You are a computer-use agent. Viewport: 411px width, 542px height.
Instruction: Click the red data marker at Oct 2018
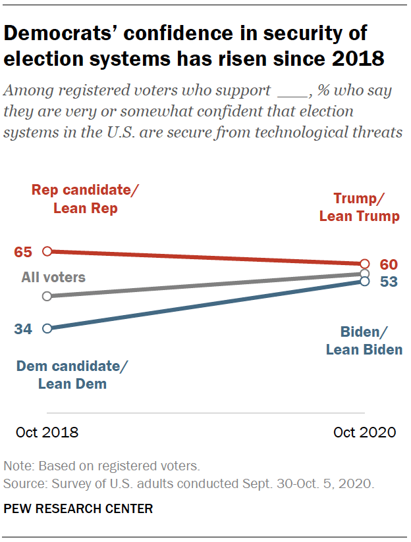47,251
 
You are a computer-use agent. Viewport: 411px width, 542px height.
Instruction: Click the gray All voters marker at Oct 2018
47,296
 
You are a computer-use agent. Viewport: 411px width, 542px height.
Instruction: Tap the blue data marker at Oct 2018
47,328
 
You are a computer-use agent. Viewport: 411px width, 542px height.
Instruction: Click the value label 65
23,251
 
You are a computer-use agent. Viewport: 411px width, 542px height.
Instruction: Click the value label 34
23,329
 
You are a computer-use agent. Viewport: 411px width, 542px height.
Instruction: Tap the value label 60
389,264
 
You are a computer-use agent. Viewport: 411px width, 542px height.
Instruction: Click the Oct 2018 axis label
47,432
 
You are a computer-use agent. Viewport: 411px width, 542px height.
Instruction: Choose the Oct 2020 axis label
364,432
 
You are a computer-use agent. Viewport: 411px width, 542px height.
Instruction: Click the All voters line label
53,277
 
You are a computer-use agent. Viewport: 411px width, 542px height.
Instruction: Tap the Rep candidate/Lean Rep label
86,199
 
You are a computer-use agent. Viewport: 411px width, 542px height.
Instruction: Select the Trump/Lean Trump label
359,207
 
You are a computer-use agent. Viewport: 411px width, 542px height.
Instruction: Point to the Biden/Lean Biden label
364,341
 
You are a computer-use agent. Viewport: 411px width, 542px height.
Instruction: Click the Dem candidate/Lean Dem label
72,375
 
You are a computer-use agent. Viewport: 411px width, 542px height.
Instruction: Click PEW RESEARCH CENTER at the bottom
78,508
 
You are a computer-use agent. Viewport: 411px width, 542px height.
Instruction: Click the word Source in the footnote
22,483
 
